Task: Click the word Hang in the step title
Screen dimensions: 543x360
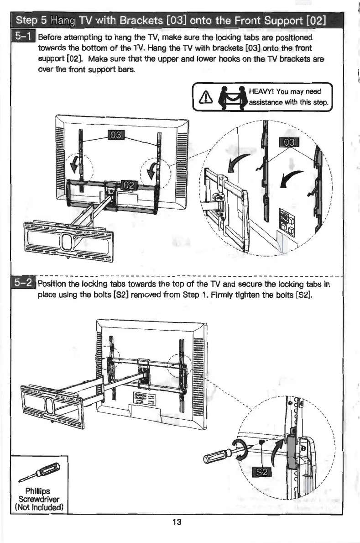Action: pos(63,21)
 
